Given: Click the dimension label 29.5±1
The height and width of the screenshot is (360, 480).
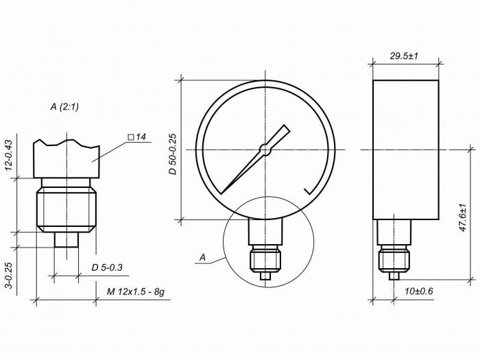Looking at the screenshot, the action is tap(404, 56).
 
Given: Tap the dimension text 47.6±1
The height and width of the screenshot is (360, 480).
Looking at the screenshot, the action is tap(463, 217).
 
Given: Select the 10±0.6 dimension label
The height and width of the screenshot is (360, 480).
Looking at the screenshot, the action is tap(419, 291).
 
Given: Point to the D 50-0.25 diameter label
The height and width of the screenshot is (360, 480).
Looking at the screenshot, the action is tap(173, 154).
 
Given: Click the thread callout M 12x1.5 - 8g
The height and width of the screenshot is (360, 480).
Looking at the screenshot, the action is tap(135, 291).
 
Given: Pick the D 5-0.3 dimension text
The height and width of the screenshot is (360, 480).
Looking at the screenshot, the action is tap(107, 267).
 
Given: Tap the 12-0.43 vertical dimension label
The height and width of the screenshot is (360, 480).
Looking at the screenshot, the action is tap(8, 155).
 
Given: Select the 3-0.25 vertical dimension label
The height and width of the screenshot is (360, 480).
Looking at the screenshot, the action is tap(8, 275).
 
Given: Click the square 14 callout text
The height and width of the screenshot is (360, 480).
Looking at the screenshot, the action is tap(137, 137).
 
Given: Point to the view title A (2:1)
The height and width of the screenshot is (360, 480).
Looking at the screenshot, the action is tap(64, 107).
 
